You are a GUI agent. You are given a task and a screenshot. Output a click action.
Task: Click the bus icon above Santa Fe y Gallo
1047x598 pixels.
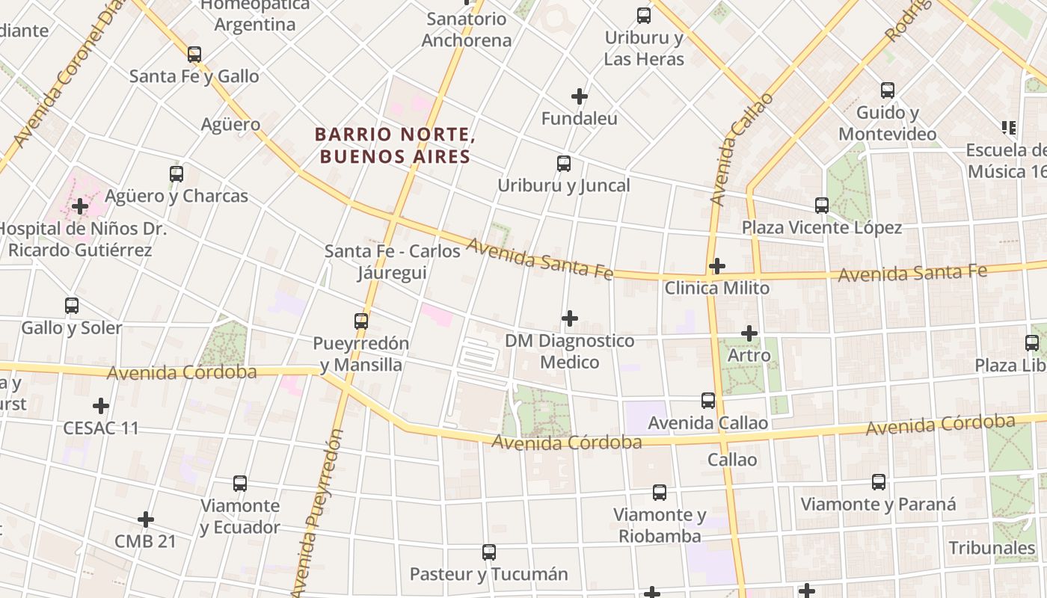(x=194, y=55)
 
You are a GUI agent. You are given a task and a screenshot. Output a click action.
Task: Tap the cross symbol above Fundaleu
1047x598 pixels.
(x=579, y=96)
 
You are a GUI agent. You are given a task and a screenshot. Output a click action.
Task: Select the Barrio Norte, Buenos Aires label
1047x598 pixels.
(x=395, y=146)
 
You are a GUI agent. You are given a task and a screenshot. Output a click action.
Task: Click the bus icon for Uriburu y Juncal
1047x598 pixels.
(x=564, y=164)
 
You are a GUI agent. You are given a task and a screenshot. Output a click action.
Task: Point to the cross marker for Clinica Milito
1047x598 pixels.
(x=716, y=266)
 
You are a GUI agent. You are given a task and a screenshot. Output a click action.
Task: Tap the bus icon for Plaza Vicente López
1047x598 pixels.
(x=822, y=206)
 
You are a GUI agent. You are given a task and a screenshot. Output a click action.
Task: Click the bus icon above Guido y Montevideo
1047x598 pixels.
(x=888, y=90)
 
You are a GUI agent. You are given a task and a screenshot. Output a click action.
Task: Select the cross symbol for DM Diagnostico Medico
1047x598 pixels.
(x=569, y=319)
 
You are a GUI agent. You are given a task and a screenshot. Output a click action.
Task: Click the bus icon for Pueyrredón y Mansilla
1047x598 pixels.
(x=361, y=322)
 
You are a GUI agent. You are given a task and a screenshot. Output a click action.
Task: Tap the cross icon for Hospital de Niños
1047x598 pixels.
(x=80, y=206)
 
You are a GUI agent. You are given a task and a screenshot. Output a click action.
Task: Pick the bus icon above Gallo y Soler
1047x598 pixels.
(x=72, y=306)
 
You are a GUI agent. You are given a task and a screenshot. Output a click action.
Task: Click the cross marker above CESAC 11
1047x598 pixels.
(x=101, y=406)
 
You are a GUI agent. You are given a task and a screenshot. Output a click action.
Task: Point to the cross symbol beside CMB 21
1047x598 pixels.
(x=146, y=520)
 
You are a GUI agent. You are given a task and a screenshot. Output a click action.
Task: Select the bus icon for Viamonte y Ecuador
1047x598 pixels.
(x=239, y=484)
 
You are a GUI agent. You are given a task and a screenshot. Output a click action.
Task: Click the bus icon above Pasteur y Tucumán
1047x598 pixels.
(x=489, y=552)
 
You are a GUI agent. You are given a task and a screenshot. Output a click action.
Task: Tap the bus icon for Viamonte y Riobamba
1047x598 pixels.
(x=659, y=493)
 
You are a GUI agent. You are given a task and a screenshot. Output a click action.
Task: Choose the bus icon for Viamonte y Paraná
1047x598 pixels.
(x=879, y=482)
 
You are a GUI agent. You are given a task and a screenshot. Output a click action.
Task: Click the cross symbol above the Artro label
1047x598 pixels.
(x=749, y=333)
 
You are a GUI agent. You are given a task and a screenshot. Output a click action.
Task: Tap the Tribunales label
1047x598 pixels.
(x=992, y=548)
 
